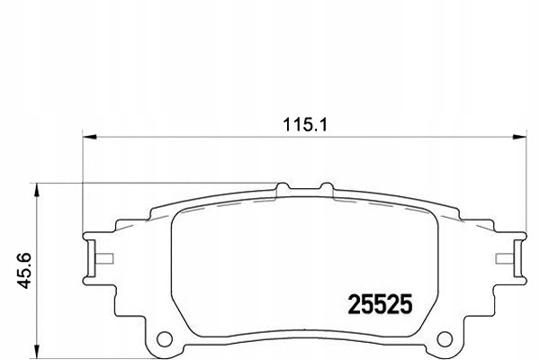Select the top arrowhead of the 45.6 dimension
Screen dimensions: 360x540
[37, 188]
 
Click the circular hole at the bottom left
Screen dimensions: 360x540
[164, 339]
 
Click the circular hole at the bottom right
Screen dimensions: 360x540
[444, 339]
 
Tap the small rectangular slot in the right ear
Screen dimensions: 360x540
[505, 261]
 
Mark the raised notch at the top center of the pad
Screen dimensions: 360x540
[303, 186]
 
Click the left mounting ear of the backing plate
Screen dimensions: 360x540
[96, 256]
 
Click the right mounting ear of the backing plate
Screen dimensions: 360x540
[510, 256]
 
